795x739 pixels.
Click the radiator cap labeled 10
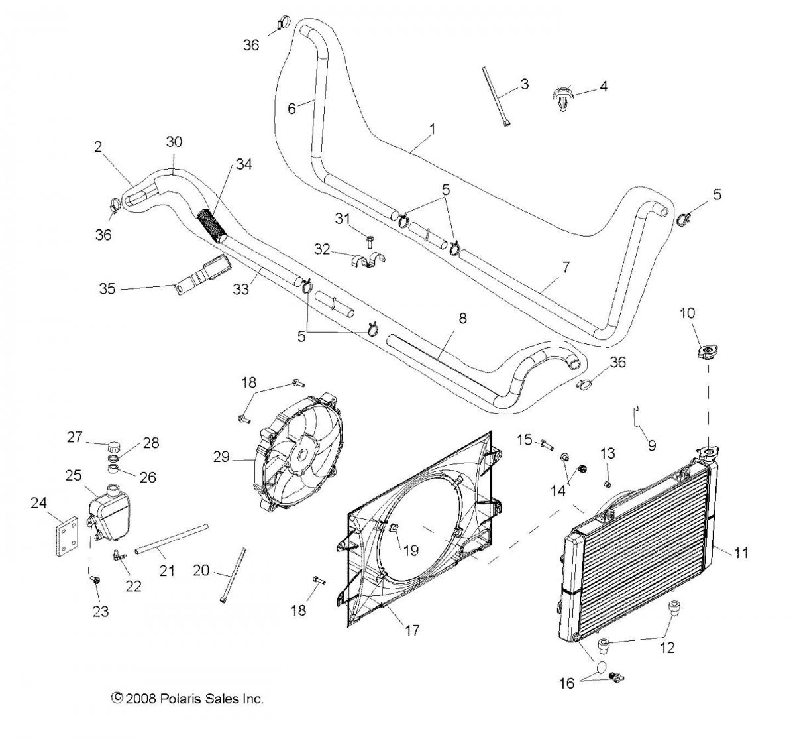click(x=707, y=351)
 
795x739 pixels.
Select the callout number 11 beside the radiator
click(x=741, y=552)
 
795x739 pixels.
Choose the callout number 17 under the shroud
click(x=411, y=630)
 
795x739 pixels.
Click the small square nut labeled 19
click(x=393, y=528)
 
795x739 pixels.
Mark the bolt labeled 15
click(x=545, y=443)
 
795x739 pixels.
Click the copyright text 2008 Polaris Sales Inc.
click(x=188, y=698)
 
